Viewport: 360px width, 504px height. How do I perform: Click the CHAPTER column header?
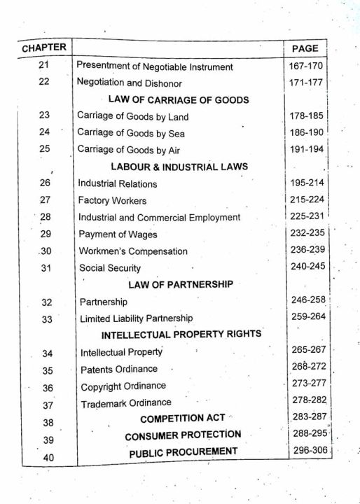click(x=43, y=48)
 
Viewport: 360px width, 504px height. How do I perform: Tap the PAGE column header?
click(x=304, y=48)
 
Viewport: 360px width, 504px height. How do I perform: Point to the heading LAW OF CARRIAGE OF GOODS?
click(x=179, y=99)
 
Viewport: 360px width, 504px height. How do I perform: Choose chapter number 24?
click(x=45, y=132)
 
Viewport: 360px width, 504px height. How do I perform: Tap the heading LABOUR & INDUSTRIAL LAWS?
click(x=180, y=167)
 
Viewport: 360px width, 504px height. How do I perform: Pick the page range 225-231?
click(x=307, y=217)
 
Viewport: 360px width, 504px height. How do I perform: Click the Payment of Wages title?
click(x=118, y=234)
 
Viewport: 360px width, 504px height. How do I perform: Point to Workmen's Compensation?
click(x=133, y=251)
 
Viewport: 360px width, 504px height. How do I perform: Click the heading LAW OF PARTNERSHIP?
click(x=180, y=284)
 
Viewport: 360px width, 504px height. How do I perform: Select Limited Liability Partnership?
click(x=136, y=318)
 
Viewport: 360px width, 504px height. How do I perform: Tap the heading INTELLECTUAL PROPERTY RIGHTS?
click(x=181, y=334)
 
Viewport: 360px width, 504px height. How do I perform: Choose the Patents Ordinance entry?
click(x=119, y=369)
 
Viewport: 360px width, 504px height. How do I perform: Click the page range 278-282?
click(x=310, y=400)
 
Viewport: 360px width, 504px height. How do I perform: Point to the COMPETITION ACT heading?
click(x=182, y=419)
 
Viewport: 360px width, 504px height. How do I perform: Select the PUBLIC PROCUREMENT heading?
click(x=183, y=453)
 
